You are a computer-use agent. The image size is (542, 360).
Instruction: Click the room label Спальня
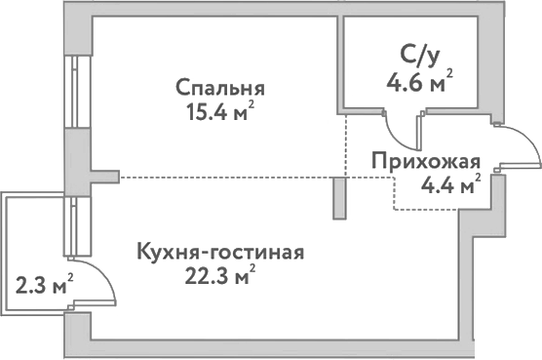221,88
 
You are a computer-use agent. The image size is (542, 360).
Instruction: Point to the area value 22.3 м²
221,276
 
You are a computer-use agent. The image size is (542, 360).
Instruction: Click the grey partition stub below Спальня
338,198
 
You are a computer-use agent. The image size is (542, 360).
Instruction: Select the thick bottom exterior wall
273,348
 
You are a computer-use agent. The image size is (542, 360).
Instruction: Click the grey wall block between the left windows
76,160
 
